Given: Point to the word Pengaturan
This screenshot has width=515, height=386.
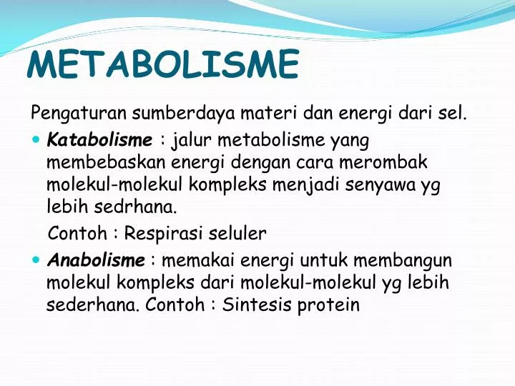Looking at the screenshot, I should [x=67, y=113].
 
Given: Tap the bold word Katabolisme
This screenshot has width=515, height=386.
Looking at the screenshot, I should [x=99, y=138].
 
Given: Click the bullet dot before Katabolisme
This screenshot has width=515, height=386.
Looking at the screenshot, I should [x=36, y=138].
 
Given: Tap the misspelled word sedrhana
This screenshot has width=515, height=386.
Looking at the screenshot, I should [x=134, y=207].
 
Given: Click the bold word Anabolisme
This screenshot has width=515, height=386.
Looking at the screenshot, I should [x=96, y=259].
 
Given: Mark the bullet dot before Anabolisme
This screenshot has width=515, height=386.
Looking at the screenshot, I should [x=36, y=259].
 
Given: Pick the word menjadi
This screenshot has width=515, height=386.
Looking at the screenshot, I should [x=305, y=184].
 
